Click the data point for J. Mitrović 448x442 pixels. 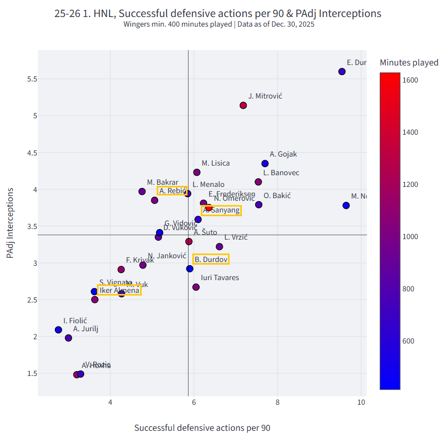coord(243,105)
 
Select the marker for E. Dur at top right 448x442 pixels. coord(342,71)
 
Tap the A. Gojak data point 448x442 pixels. coord(265,163)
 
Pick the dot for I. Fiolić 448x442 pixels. coord(59,330)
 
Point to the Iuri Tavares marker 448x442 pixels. coord(196,287)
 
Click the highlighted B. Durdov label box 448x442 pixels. coord(211,259)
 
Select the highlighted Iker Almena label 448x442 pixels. coord(119,290)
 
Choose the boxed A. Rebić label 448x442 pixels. coord(172,191)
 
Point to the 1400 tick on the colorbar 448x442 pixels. coord(410,132)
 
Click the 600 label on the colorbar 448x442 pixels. coord(410,341)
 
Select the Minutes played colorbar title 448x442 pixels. coord(409,62)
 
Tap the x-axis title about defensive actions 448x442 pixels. coord(202,428)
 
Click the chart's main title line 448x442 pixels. coord(218,13)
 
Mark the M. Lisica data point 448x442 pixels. coord(197,172)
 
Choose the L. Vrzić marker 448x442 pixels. coord(219,247)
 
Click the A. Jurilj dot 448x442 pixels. coord(69,338)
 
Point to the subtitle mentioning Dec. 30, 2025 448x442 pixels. coord(218,24)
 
